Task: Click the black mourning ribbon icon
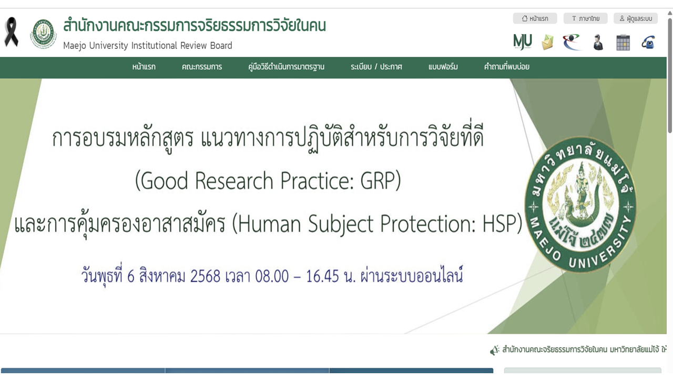(11, 32)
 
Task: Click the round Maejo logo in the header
(43, 34)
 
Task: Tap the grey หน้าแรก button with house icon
(535, 18)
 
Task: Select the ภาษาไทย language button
(585, 18)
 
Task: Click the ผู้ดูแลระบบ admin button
(635, 18)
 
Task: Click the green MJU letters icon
(523, 42)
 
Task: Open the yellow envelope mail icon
(547, 42)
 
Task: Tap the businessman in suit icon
(598, 42)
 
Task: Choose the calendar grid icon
(623, 42)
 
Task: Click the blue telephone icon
(648, 42)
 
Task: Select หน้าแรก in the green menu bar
(144, 67)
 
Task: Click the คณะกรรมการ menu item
(202, 67)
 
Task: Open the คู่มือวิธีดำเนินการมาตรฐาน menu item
(286, 67)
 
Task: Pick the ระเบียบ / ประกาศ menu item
(376, 67)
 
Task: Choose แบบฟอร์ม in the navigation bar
(443, 67)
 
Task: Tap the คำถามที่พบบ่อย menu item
(506, 67)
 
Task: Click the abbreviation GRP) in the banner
(380, 181)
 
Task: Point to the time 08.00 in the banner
(272, 276)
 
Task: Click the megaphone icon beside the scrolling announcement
(494, 350)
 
